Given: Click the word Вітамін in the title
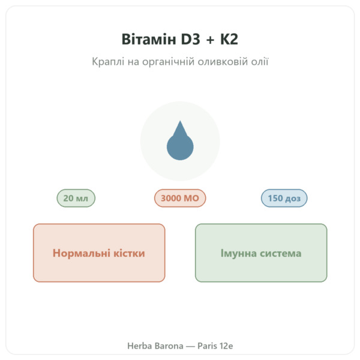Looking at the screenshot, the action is (149, 39).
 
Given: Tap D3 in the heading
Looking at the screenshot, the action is (190, 39).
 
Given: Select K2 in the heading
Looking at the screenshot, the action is (229, 39).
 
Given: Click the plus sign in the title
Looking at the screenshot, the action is (210, 40).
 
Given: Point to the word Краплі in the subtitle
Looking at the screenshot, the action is (108, 62).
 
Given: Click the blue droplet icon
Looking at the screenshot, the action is (180, 140).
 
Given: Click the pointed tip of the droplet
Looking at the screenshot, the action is (180, 121).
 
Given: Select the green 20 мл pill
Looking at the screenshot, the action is (76, 198).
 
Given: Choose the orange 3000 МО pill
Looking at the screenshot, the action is (180, 198).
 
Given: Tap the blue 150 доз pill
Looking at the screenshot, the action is (284, 198).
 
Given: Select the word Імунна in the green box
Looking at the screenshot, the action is (239, 253).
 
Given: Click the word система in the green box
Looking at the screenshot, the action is (281, 254).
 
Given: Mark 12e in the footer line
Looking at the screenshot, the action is (226, 346).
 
